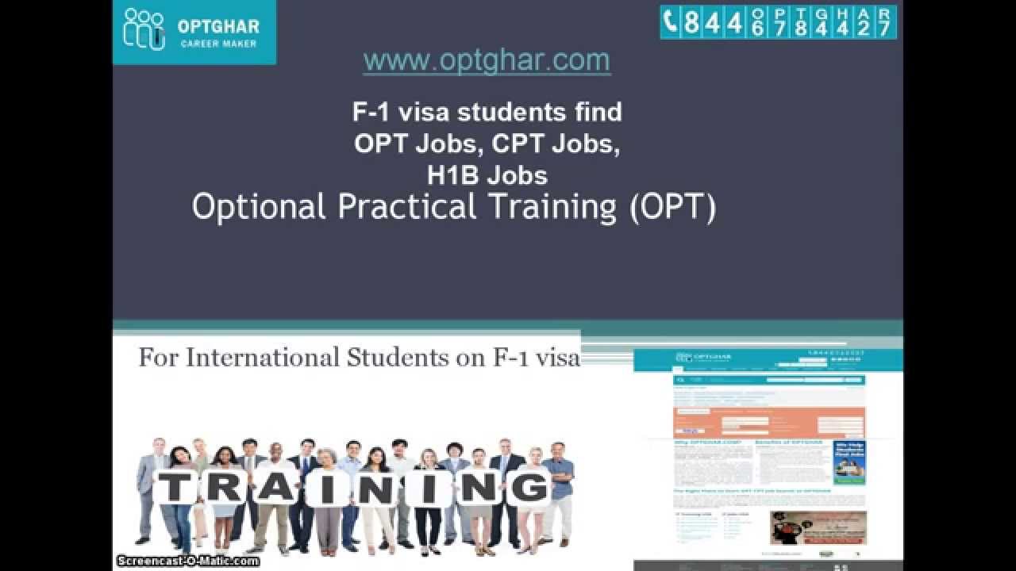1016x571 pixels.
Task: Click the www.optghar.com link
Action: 487,60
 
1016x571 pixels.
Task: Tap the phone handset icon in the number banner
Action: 671,22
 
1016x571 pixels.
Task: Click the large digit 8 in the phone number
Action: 691,22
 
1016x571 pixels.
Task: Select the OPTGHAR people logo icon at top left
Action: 144,29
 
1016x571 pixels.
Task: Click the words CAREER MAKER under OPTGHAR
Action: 218,44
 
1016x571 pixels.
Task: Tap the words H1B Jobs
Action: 487,174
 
